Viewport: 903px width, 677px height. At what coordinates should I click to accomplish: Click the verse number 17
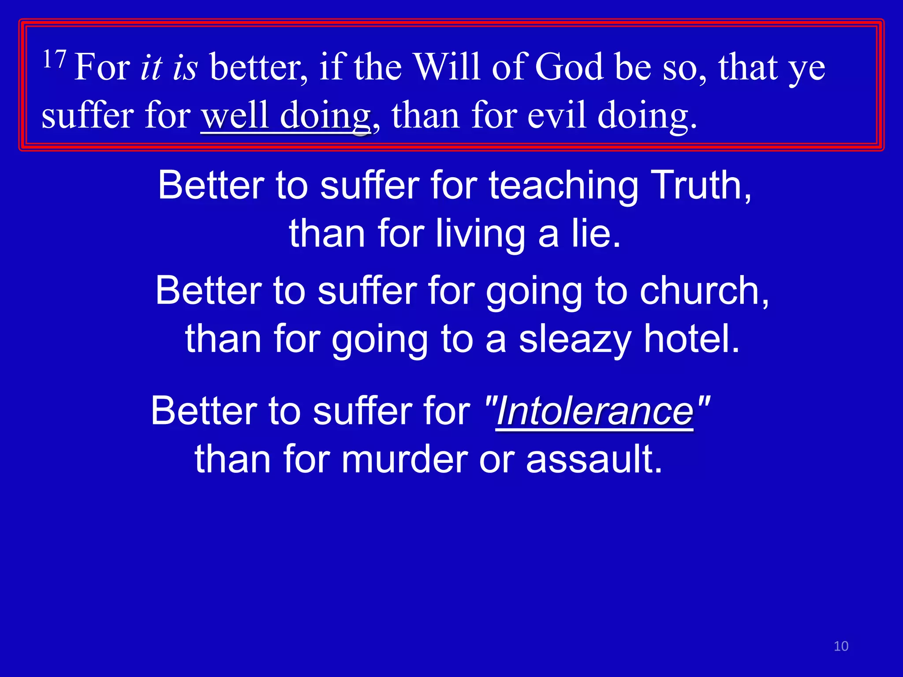[x=54, y=60]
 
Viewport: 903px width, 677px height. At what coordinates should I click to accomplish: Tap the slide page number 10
[x=841, y=646]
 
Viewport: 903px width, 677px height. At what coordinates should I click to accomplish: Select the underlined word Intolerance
[x=595, y=411]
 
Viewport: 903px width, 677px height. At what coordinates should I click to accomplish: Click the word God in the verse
[x=569, y=67]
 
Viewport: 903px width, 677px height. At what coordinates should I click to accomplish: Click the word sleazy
[x=575, y=339]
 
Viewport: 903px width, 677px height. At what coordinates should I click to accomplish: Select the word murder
[x=404, y=459]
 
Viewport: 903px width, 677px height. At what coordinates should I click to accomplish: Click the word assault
[x=594, y=459]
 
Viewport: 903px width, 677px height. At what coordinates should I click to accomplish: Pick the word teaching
[x=564, y=186]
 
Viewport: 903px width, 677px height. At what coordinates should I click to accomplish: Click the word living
[x=481, y=234]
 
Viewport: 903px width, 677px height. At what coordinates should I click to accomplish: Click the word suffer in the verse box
[x=88, y=115]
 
